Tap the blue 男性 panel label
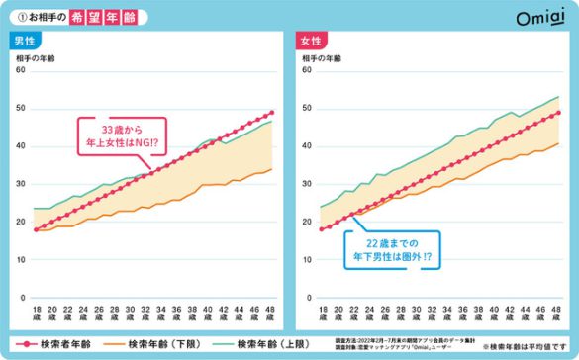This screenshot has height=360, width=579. pos(27,42)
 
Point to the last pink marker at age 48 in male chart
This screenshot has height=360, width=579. pos(272,113)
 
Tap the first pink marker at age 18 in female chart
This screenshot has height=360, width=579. pos(322,229)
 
